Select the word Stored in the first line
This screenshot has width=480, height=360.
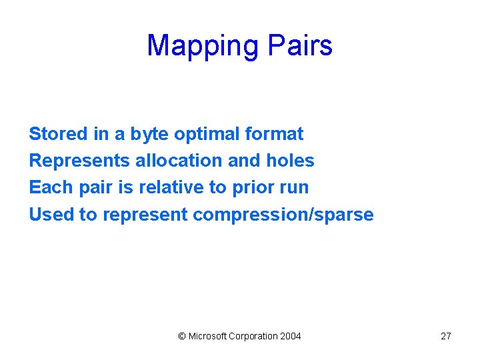point(58,134)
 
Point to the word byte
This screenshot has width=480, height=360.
point(149,135)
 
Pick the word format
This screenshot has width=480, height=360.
point(274,134)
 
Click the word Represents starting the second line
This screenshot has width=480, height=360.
point(79,161)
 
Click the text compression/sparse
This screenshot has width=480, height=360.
point(283,215)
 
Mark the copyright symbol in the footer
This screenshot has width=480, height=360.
point(182,336)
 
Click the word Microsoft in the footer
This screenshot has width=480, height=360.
point(207,336)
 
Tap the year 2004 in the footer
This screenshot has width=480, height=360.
point(290,336)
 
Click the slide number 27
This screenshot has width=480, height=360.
point(446,336)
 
